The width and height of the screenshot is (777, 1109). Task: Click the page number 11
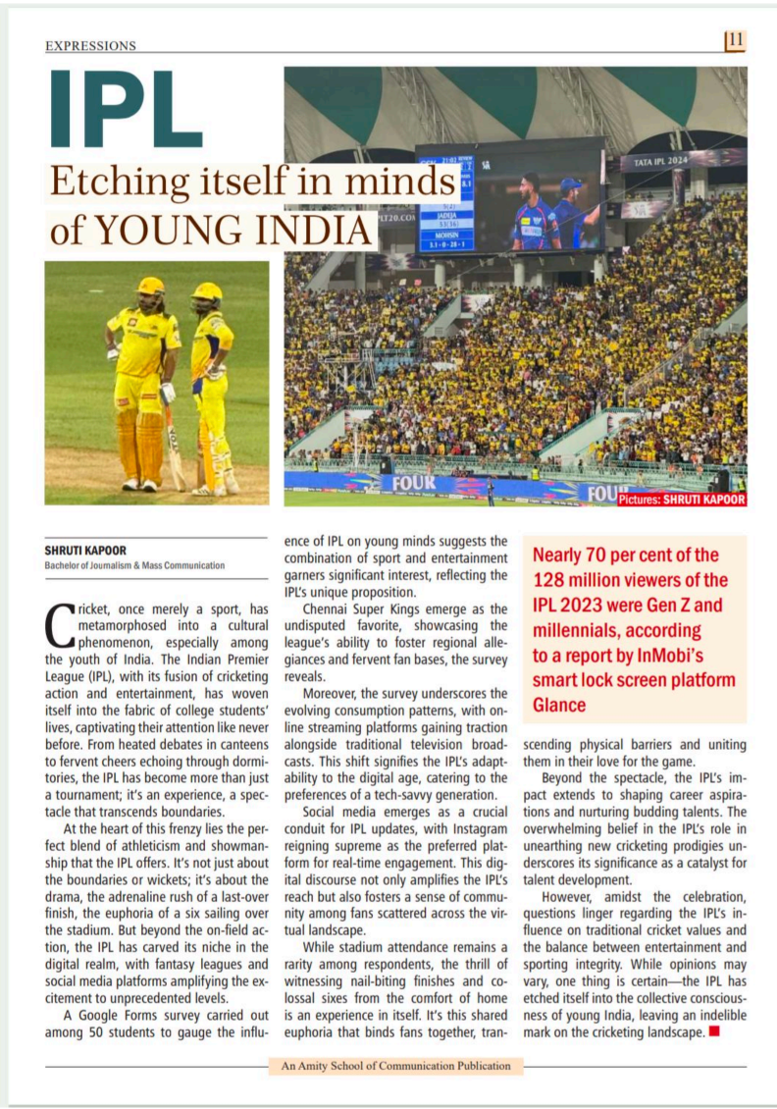[736, 40]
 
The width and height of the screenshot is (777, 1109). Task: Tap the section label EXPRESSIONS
[91, 46]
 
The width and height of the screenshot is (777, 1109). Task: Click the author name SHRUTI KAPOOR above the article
[84, 551]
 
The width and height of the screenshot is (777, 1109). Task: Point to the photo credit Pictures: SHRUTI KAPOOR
[682, 500]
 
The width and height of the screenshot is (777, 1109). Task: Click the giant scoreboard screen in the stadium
[511, 196]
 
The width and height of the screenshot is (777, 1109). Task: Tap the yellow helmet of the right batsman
[207, 291]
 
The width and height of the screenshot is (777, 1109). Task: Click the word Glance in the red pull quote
[559, 704]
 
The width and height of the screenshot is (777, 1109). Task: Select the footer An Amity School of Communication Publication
[394, 1066]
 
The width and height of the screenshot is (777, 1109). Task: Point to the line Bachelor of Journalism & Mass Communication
[134, 565]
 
